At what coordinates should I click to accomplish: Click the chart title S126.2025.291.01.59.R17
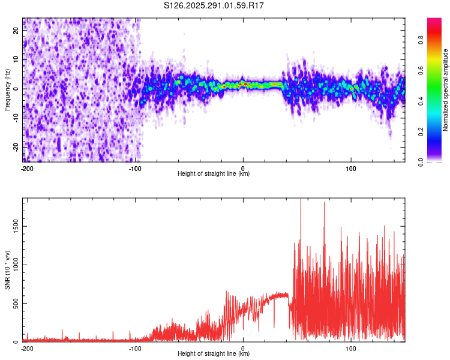pos(214,6)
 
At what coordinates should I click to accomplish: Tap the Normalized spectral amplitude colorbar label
pos(446,89)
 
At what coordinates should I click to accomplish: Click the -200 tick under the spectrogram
pos(27,168)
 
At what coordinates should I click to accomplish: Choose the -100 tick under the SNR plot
pos(135,348)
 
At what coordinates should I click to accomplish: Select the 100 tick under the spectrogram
pos(351,168)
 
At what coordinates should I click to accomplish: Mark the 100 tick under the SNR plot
pos(351,348)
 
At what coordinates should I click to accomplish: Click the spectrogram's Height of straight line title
pos(214,174)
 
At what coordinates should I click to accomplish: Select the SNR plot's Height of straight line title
pos(214,354)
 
